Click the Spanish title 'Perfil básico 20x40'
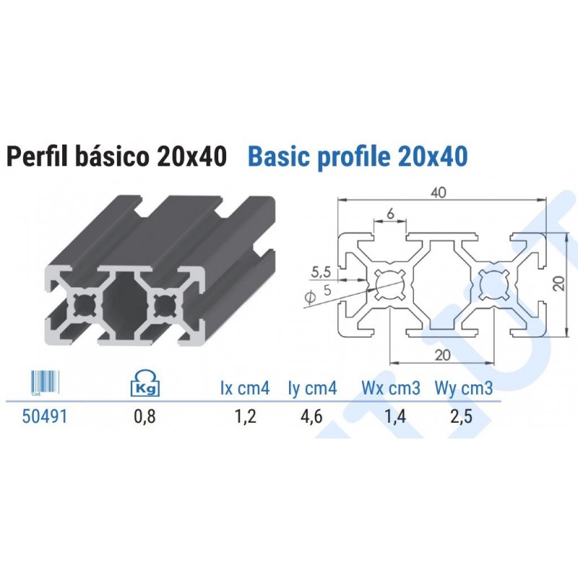[116, 156]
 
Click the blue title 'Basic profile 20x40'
[357, 156]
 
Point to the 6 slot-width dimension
[390, 214]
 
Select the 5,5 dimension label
[321, 272]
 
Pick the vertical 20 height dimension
[558, 282]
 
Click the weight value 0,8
[144, 417]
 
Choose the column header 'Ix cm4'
[245, 389]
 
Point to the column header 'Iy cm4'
[312, 389]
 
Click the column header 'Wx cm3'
[391, 389]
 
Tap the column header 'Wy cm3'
[464, 389]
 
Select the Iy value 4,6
[313, 417]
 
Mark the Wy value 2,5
[464, 417]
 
